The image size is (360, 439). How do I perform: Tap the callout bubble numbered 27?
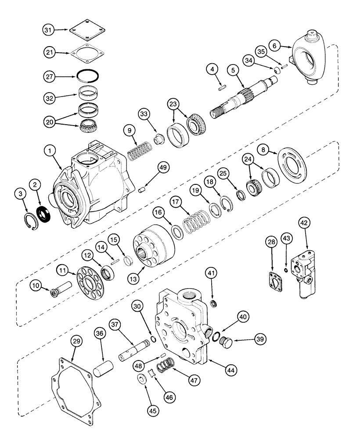(x=49, y=76)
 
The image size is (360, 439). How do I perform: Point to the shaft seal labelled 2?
(x=44, y=215)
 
